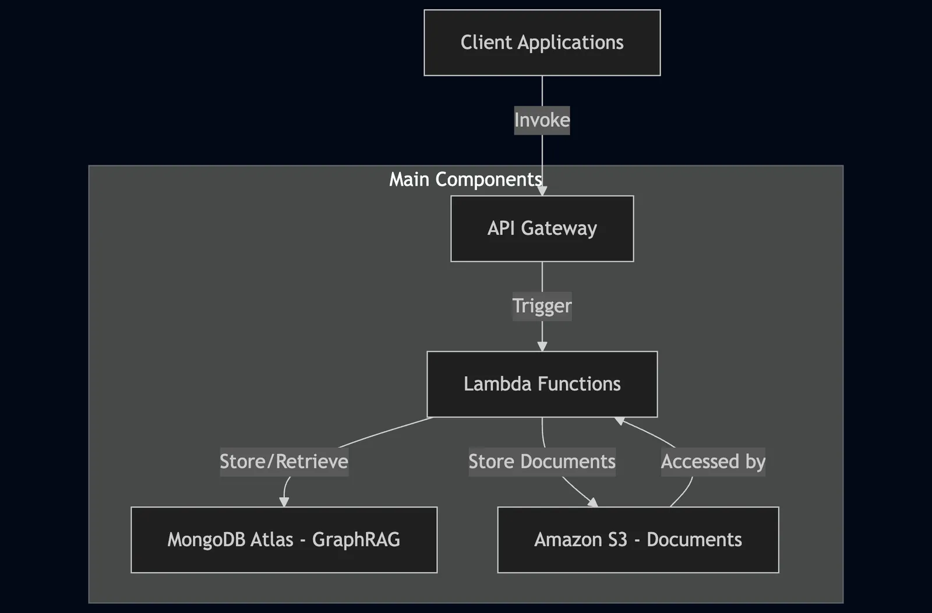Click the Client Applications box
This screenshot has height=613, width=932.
(x=542, y=43)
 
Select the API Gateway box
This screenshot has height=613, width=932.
(x=542, y=228)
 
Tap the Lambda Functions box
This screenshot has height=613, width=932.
(x=542, y=384)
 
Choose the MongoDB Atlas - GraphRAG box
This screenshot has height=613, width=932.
(x=284, y=540)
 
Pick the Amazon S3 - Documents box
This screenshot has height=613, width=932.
(x=638, y=540)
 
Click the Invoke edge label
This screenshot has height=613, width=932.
(x=542, y=120)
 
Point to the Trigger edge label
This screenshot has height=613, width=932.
(x=542, y=306)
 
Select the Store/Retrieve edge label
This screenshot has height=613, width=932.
(x=284, y=462)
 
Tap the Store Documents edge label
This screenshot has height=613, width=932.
(x=542, y=462)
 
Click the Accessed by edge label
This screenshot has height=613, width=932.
(x=713, y=462)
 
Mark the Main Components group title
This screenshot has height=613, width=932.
(x=465, y=180)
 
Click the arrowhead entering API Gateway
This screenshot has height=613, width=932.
(x=542, y=191)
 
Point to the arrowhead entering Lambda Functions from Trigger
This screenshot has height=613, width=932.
(x=542, y=346)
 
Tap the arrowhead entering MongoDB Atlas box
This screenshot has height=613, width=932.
(x=284, y=502)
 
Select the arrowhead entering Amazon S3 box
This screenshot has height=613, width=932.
(x=593, y=502)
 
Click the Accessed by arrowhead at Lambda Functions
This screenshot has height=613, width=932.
(x=620, y=421)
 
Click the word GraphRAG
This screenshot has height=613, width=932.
(x=356, y=540)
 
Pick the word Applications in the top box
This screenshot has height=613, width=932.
(x=570, y=43)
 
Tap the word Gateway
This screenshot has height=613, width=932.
(x=559, y=229)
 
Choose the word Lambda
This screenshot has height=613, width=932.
(x=497, y=384)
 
